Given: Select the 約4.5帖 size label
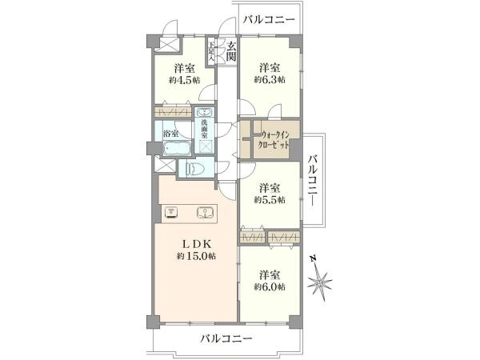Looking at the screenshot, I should click(x=182, y=80).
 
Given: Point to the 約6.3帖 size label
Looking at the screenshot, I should click(x=269, y=80).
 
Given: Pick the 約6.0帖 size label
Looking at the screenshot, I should click(x=269, y=286).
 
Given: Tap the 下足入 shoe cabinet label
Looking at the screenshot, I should click(x=212, y=51).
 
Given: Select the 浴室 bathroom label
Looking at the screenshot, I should click(x=170, y=134).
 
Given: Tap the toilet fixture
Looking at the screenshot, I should click(x=194, y=169).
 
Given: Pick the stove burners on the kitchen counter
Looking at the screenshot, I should click(x=171, y=212).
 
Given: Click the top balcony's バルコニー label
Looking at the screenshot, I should click(x=269, y=18).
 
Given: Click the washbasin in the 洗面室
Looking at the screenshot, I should click(x=205, y=114).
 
